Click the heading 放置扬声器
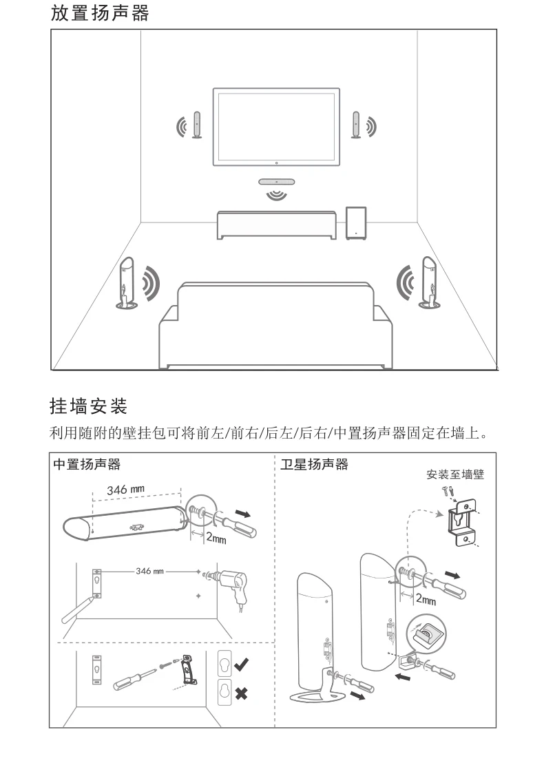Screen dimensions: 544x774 pyautogui.click(x=100, y=13)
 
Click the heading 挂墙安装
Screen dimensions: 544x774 pyautogui.click(x=89, y=406)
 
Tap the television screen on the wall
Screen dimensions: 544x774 pyautogui.click(x=276, y=127)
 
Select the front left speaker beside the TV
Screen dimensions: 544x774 pyautogui.click(x=197, y=125)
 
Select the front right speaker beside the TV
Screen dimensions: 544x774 pyautogui.click(x=356, y=125)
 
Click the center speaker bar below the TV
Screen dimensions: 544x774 pyautogui.click(x=276, y=182)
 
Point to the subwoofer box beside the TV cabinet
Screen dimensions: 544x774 pyautogui.click(x=356, y=223)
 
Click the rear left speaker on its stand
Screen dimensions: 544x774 pyautogui.click(x=127, y=282)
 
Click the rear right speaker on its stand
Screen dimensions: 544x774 pyautogui.click(x=428, y=282)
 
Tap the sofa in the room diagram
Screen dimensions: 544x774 pyautogui.click(x=275, y=326)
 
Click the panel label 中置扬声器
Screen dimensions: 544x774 pyautogui.click(x=87, y=465)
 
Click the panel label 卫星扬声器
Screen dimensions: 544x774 pyautogui.click(x=315, y=465)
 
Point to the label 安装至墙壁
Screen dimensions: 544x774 pyautogui.click(x=455, y=474)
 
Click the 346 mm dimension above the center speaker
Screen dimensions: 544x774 pyautogui.click(x=125, y=490)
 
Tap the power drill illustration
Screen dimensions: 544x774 pyautogui.click(x=228, y=585)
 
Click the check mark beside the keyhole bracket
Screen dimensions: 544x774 pyautogui.click(x=242, y=665)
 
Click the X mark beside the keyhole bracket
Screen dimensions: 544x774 pyautogui.click(x=241, y=693)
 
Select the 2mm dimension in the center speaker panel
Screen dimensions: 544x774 pyautogui.click(x=216, y=538)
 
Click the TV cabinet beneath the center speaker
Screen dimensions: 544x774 pyautogui.click(x=277, y=224)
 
